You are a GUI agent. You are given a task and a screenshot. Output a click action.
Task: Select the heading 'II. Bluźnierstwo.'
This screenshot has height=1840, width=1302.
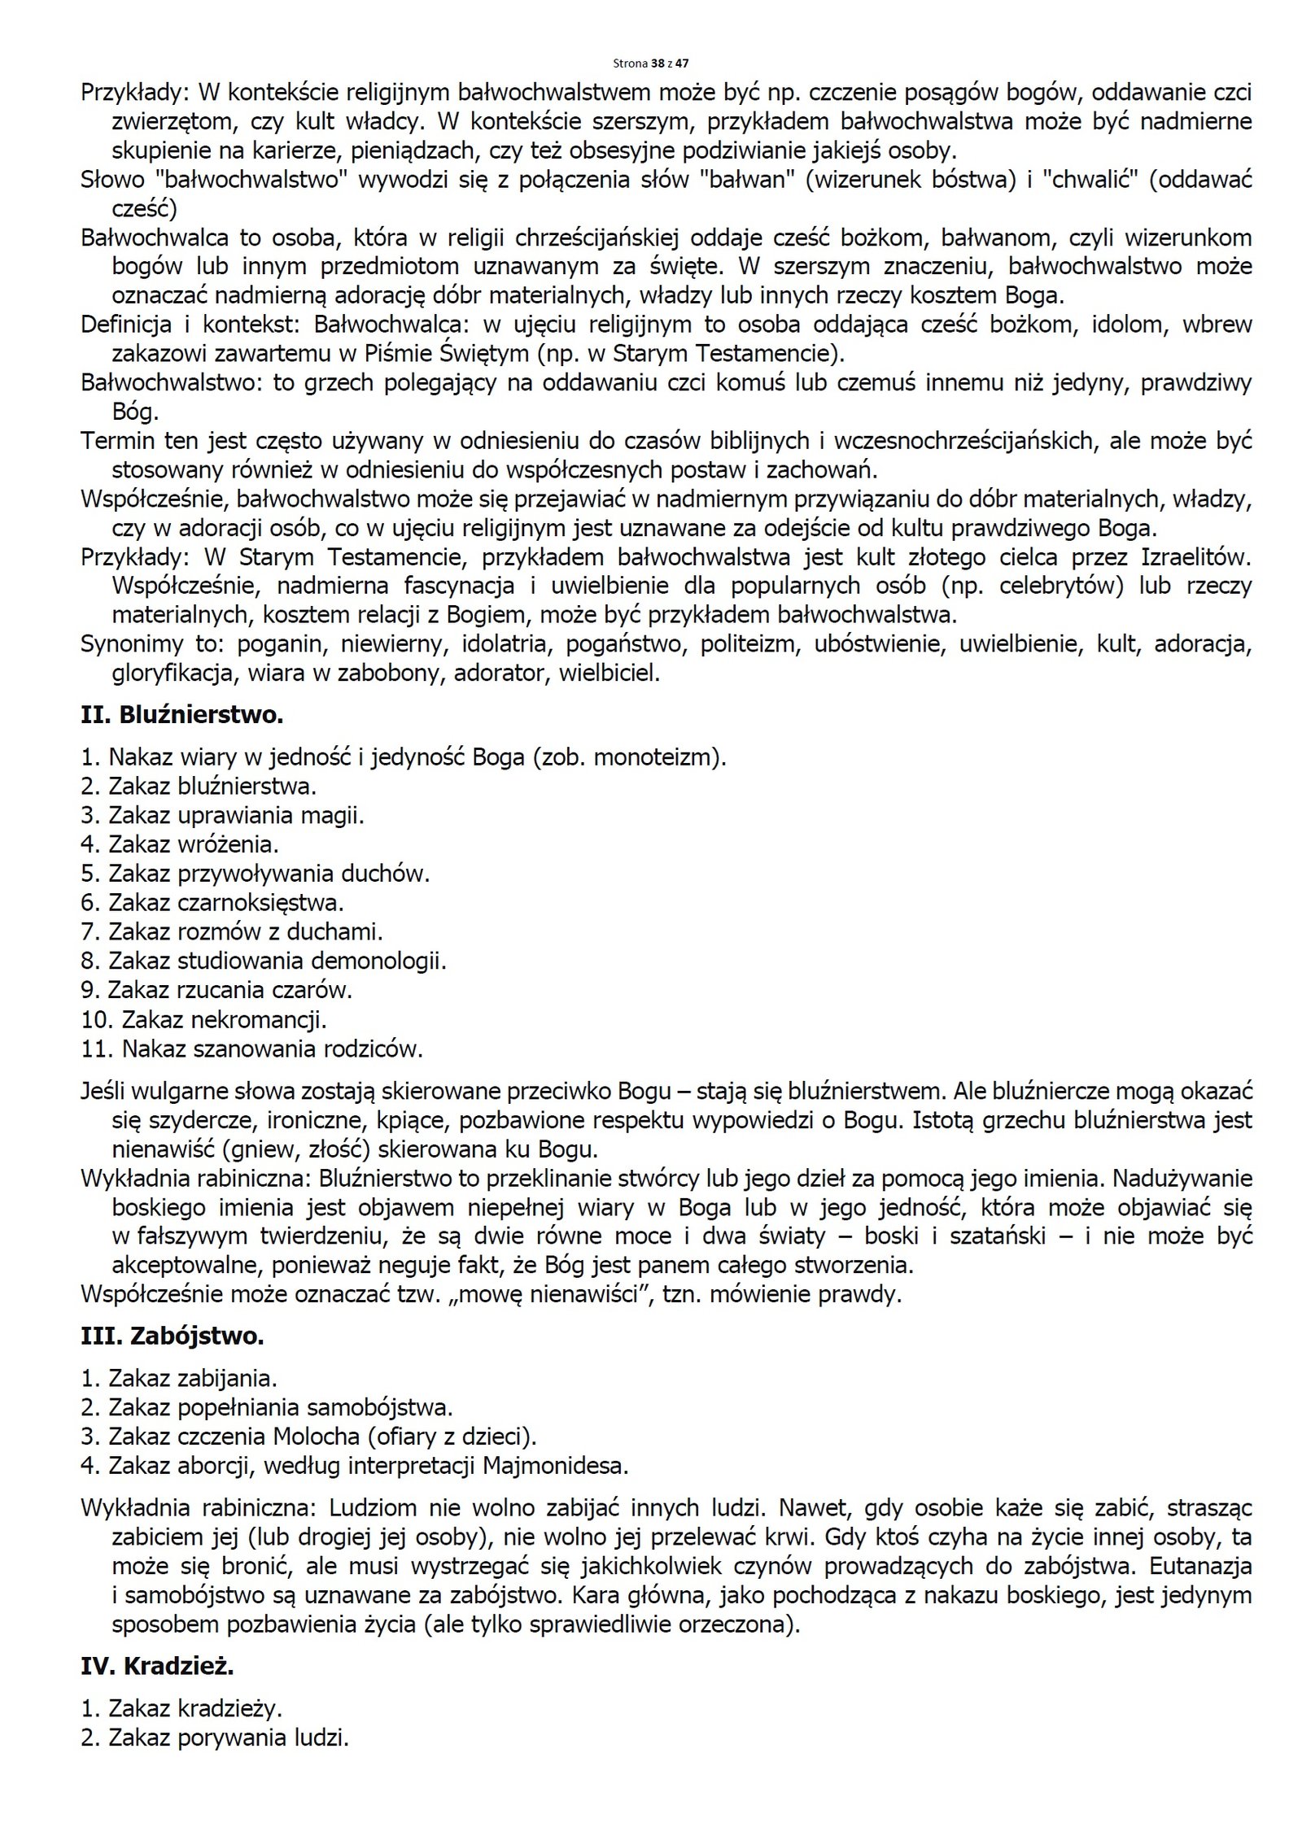tap(181, 715)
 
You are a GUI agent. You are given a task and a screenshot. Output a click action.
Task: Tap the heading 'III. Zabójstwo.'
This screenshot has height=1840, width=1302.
tap(172, 1336)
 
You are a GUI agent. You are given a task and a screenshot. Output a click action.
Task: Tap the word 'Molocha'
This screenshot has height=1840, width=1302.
tap(320, 1437)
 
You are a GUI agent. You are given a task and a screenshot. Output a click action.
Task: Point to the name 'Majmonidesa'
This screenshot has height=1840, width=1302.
tap(555, 1466)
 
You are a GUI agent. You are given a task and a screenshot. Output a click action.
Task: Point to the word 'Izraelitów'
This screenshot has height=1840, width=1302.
tap(1195, 557)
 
